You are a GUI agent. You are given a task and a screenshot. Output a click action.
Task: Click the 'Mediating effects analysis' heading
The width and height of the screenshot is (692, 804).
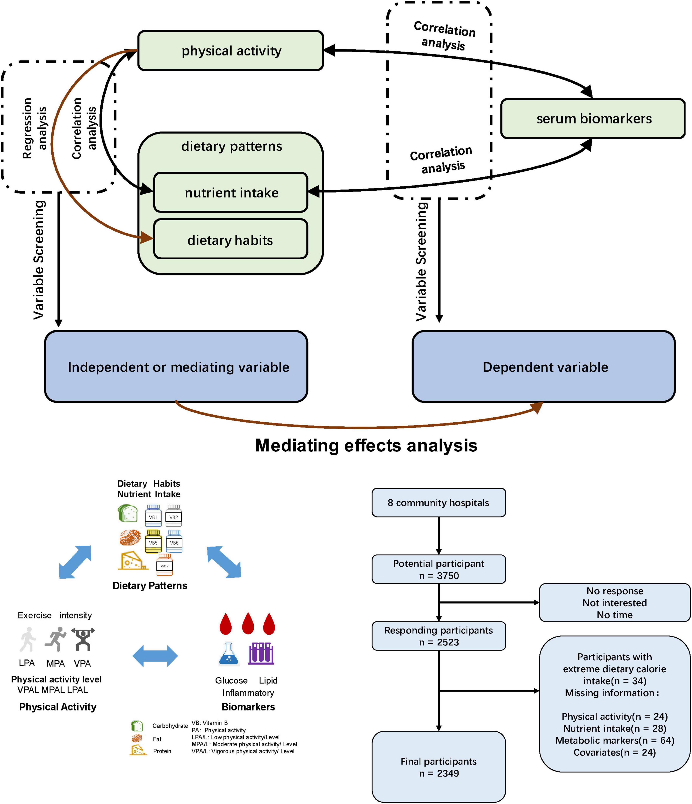(x=366, y=445)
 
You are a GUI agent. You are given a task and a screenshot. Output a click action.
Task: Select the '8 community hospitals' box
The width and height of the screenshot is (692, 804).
(x=439, y=503)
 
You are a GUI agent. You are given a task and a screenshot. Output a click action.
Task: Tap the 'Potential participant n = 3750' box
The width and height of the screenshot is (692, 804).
(x=439, y=569)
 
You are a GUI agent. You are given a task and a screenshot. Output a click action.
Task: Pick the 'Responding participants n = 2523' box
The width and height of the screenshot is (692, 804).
(x=439, y=636)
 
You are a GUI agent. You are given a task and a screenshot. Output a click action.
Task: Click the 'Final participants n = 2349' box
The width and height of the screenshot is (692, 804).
(x=439, y=767)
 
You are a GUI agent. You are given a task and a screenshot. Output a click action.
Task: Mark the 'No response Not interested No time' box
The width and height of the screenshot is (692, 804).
(x=614, y=603)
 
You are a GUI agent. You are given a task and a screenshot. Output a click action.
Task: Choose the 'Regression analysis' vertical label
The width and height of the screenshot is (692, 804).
(x=34, y=128)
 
